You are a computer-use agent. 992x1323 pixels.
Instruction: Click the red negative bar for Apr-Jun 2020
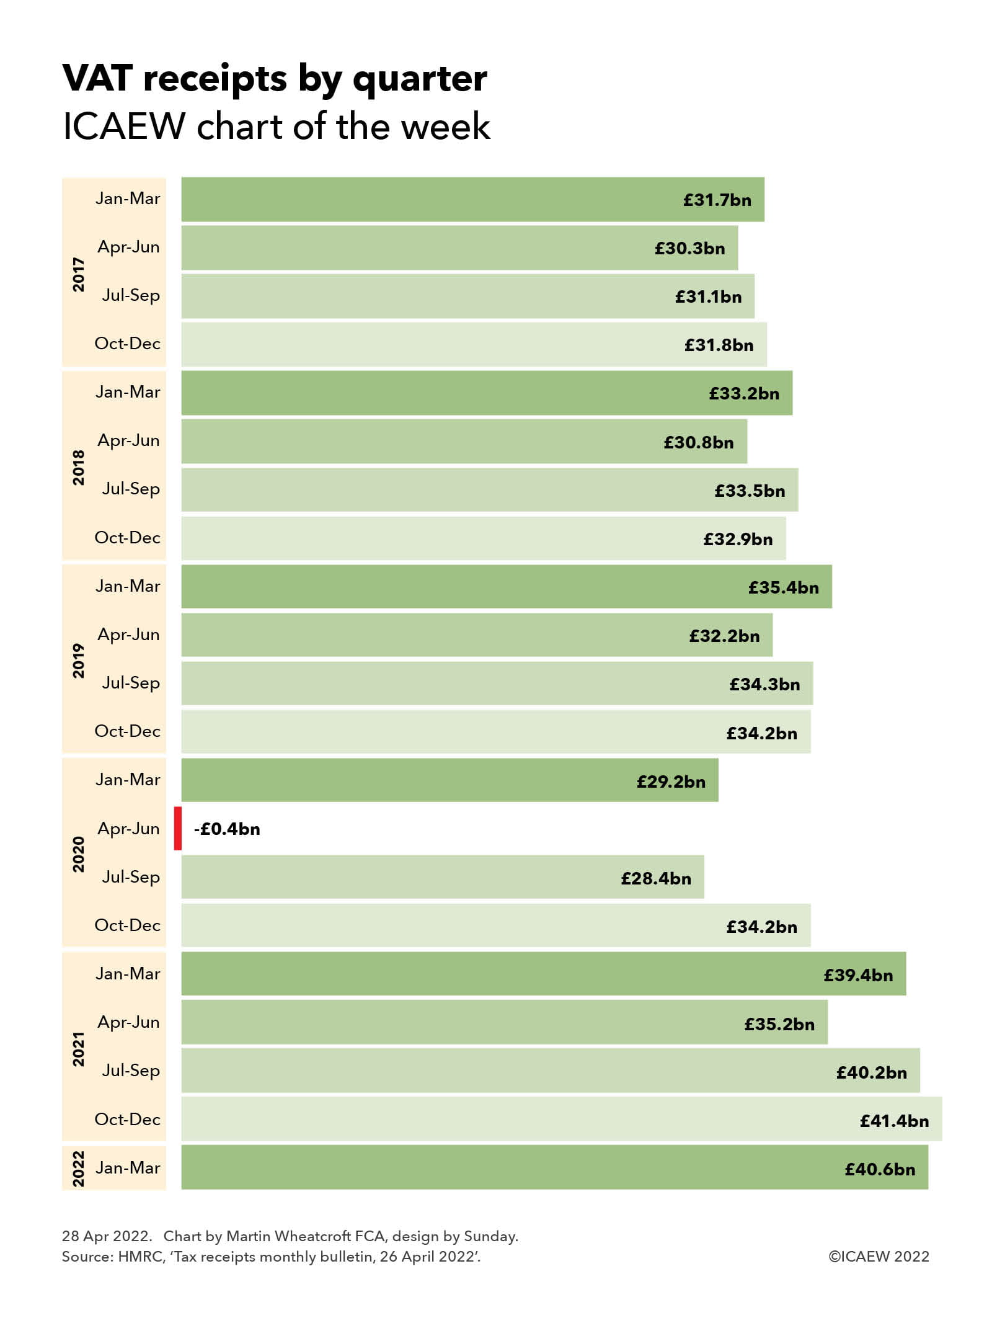tap(177, 828)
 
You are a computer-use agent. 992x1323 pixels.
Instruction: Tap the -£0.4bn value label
tap(226, 829)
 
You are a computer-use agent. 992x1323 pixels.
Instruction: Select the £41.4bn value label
tap(894, 1121)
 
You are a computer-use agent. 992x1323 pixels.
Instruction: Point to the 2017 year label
tap(79, 274)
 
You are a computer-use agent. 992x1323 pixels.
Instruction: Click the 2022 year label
tap(79, 1169)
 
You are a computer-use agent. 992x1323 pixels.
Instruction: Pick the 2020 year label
tap(79, 853)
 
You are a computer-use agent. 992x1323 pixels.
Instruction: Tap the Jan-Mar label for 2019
tap(128, 586)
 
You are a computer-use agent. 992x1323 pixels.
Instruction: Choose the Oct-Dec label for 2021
tap(127, 1120)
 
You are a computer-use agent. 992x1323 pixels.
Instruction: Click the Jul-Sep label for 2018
tap(131, 489)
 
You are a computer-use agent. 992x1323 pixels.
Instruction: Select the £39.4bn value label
tap(858, 975)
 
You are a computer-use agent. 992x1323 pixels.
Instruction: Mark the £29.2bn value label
tap(671, 782)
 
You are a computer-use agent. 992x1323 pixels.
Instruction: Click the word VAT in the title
tap(97, 79)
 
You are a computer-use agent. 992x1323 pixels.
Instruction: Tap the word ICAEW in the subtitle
tap(124, 127)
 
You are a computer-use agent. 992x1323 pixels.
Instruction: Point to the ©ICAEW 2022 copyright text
tap(879, 1256)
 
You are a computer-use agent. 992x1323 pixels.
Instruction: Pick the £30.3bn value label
tap(689, 249)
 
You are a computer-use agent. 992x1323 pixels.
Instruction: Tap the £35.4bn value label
tap(783, 587)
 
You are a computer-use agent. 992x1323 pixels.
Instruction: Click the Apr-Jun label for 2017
tap(128, 247)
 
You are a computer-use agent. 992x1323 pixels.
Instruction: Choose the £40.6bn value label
tap(880, 1169)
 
